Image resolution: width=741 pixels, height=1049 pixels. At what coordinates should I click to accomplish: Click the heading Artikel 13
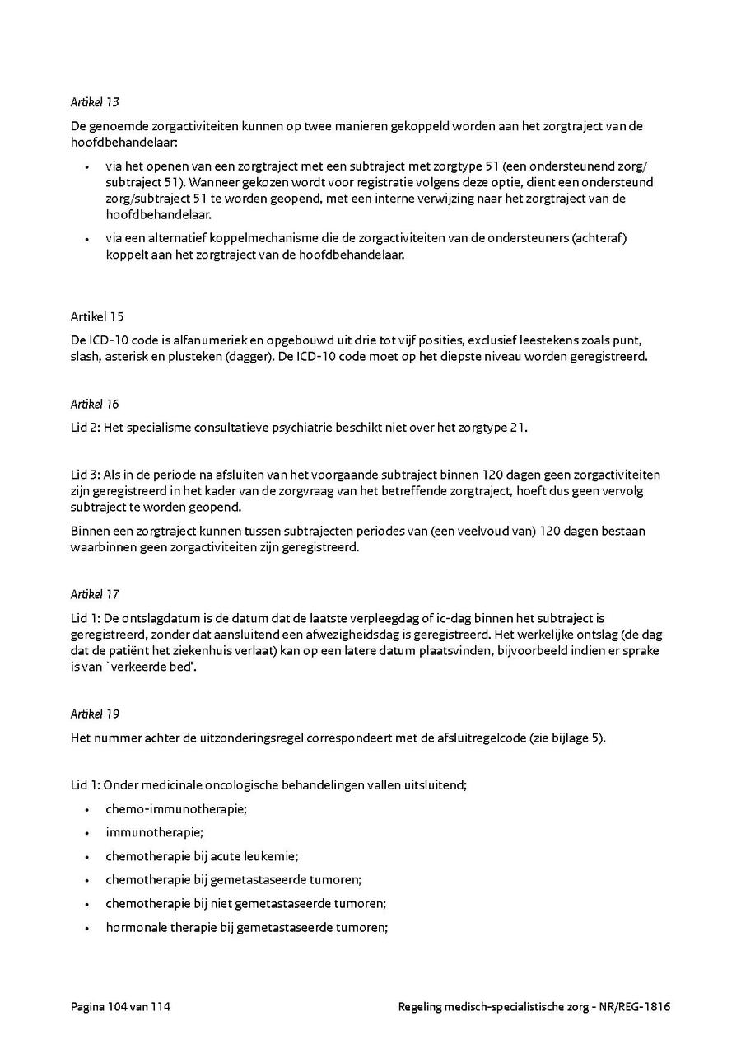pos(95,102)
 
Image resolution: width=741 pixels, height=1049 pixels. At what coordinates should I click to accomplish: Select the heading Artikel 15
pos(97,316)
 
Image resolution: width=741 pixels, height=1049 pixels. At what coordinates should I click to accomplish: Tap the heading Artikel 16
pos(95,404)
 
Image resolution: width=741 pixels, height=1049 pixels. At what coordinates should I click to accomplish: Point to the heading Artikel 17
pos(95,593)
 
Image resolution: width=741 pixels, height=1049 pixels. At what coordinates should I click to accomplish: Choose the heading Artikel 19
pos(95,714)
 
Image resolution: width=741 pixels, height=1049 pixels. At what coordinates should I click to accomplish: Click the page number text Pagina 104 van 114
pos(120,1006)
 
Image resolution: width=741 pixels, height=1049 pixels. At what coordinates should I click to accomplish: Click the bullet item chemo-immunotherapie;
pos(176,809)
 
